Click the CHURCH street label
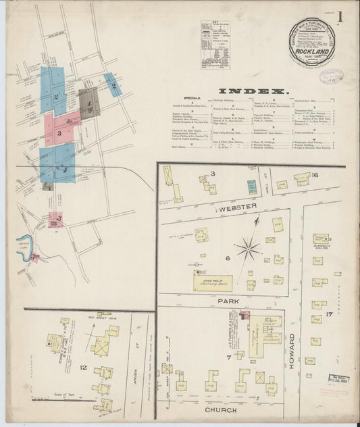(x=218, y=409)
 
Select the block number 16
(x=315, y=175)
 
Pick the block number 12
(x=83, y=368)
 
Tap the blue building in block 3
(x=252, y=186)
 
